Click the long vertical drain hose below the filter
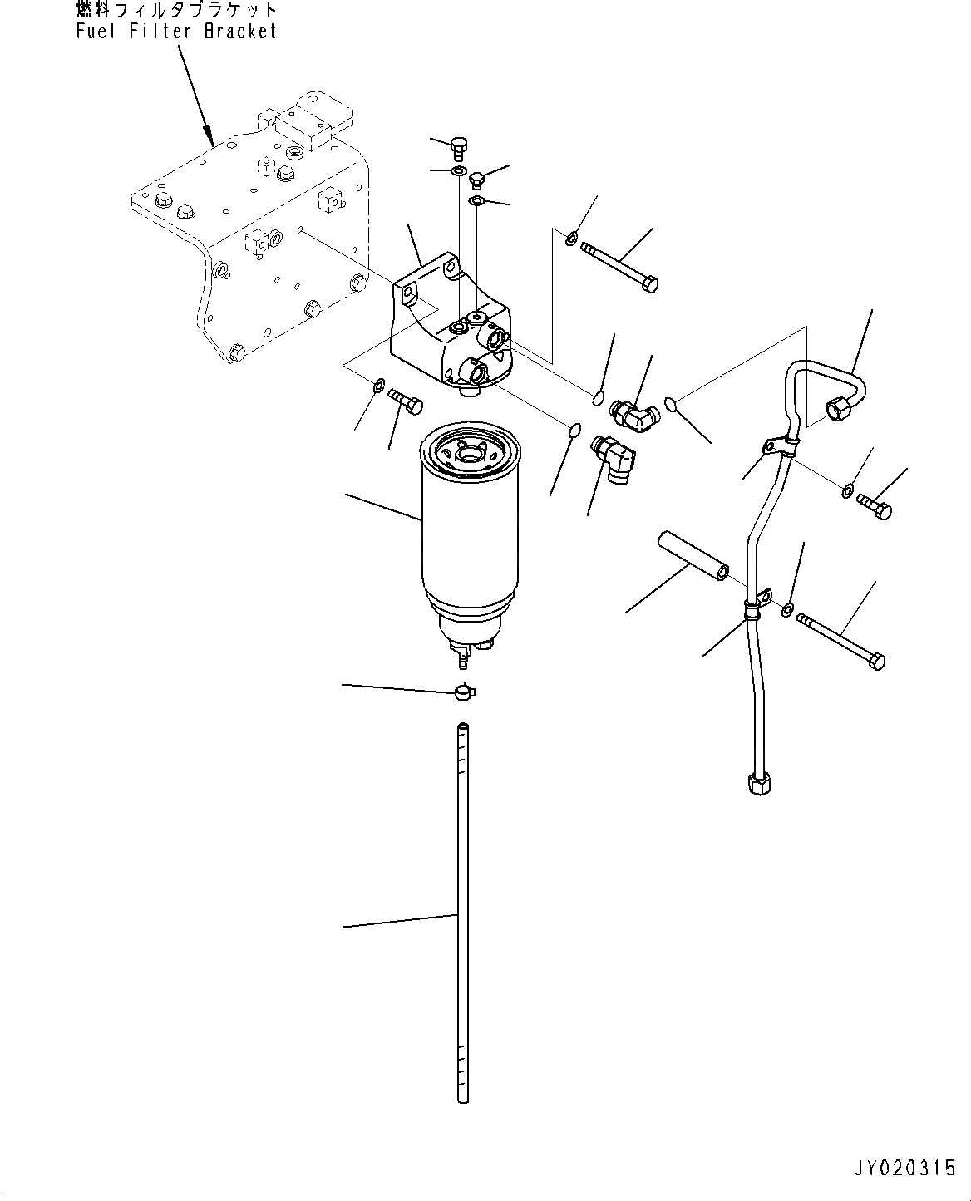[462, 914]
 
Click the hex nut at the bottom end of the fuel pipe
[755, 783]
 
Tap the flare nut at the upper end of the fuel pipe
[837, 406]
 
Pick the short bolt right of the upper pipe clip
[874, 504]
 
